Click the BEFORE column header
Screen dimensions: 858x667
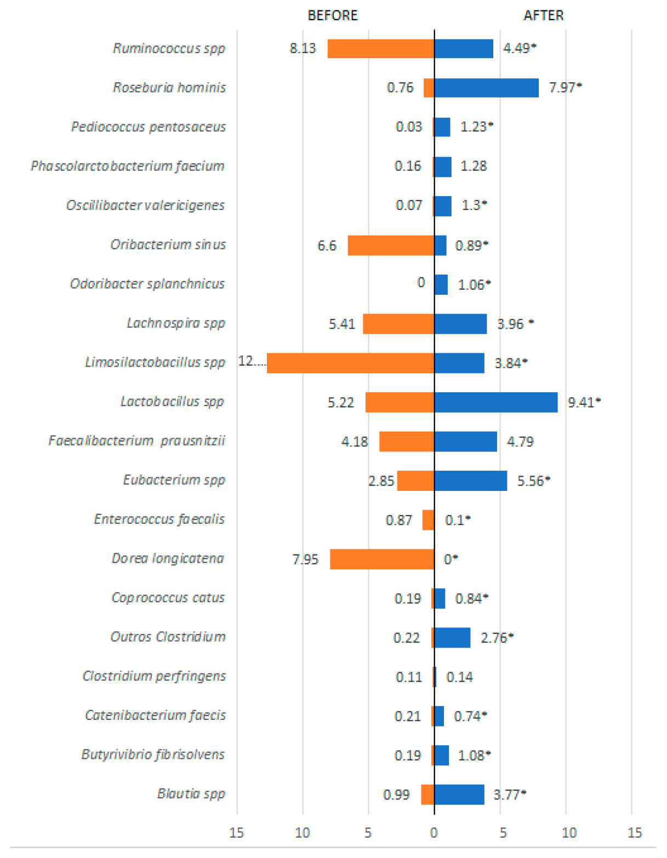tap(333, 15)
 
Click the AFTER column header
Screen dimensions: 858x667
tap(543, 15)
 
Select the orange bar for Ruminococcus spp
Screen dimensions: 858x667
tap(381, 49)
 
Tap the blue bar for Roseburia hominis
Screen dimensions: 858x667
tap(486, 88)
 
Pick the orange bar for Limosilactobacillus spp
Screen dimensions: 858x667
tap(350, 363)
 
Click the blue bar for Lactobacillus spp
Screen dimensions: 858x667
tap(495, 402)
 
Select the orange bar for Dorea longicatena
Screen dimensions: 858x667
tap(382, 559)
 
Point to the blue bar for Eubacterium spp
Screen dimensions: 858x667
tap(470, 481)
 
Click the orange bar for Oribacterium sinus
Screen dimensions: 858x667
tap(391, 245)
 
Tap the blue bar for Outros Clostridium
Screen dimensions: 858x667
tap(452, 638)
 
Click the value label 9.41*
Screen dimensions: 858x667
tap(584, 403)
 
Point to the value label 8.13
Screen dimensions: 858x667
tap(303, 48)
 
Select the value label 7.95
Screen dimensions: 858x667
tap(305, 559)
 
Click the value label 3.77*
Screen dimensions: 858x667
tap(510, 794)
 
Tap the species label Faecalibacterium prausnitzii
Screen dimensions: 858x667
tap(136, 441)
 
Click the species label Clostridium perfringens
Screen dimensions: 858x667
tap(154, 676)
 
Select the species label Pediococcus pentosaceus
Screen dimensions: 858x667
tap(148, 127)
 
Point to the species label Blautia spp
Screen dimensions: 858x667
tap(191, 794)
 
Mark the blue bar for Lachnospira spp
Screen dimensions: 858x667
tap(460, 324)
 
